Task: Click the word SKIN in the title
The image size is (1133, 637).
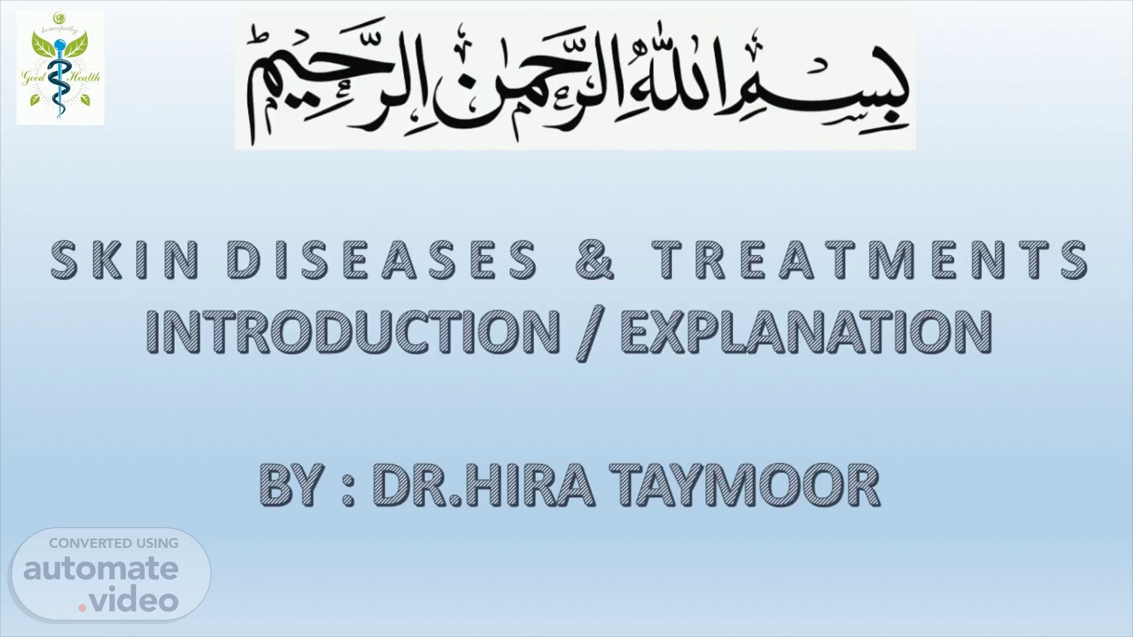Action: pos(125,260)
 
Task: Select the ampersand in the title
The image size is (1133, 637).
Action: pos(595,260)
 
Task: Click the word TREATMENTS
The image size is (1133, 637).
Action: pos(870,260)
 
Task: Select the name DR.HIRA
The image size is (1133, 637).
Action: pos(483,485)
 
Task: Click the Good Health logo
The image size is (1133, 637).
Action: pos(60,67)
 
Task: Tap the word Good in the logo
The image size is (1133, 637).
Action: pos(34,77)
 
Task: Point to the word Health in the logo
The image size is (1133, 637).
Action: pos(85,77)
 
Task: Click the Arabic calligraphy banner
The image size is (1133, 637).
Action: pos(575,80)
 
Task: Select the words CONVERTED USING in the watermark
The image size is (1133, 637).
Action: pos(113,543)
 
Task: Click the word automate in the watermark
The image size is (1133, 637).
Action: pos(101,569)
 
